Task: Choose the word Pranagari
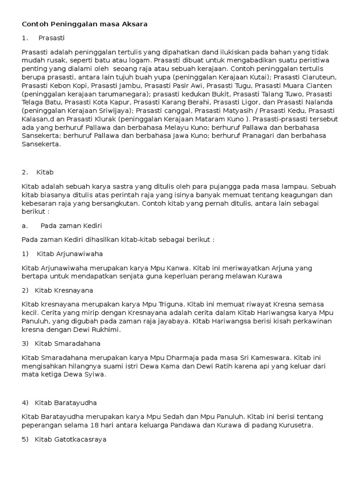click(258, 135)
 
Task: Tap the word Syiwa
click(95, 375)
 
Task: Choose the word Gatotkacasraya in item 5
click(70, 439)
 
